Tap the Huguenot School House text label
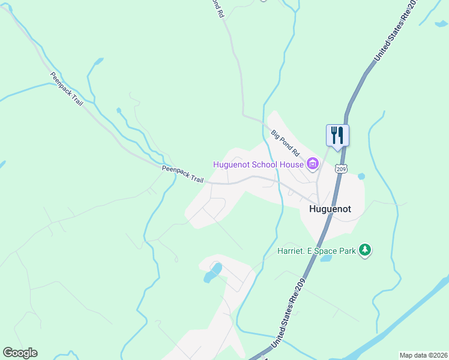(x=259, y=164)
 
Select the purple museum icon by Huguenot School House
(x=312, y=164)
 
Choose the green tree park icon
(x=364, y=250)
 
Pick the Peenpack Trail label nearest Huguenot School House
(x=182, y=175)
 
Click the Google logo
(x=20, y=353)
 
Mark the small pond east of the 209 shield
(x=361, y=176)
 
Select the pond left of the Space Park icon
(x=326, y=259)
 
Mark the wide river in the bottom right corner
(x=408, y=318)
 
